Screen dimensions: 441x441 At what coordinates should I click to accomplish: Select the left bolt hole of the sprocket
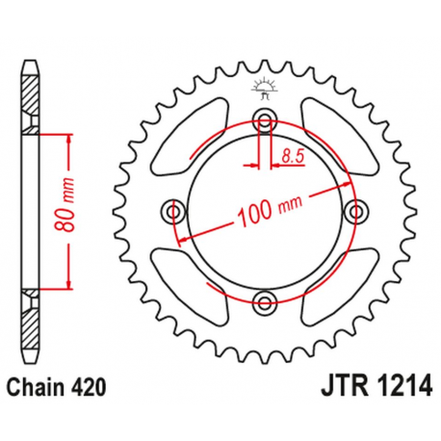[174, 211]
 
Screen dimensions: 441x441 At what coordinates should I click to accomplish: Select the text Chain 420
[57, 387]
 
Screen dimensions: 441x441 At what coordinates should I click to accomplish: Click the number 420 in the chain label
[84, 387]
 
